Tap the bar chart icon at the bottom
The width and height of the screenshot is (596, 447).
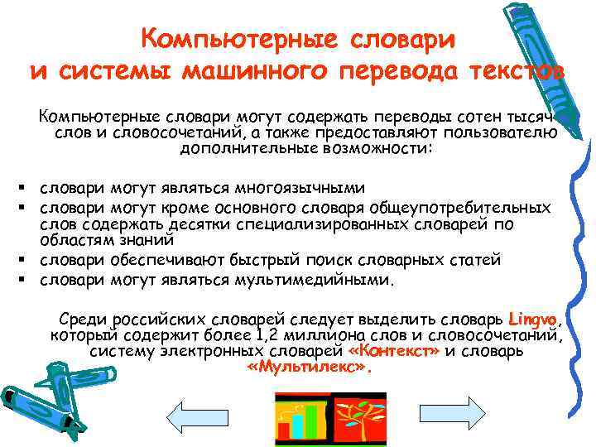pos(303,419)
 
